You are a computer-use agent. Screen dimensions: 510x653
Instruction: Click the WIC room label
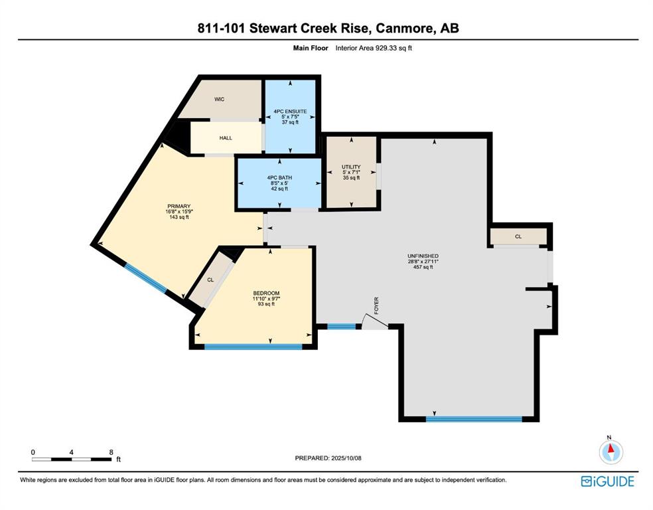219,99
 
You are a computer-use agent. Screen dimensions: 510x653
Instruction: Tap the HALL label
226,138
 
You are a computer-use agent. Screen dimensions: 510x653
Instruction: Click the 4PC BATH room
279,183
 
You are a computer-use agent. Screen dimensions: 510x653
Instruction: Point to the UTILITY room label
350,167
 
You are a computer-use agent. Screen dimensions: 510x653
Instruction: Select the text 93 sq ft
265,305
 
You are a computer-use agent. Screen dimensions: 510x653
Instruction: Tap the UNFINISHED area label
423,256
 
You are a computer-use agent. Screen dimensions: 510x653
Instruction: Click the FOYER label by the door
376,305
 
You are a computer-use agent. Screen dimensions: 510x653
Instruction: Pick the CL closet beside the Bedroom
210,280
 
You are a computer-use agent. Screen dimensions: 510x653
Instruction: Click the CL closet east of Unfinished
518,236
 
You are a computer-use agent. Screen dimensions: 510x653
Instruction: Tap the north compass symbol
611,452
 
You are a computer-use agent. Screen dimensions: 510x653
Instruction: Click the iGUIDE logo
607,481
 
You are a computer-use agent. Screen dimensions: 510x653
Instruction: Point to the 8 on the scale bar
111,452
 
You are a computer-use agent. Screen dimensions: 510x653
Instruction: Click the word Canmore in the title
403,28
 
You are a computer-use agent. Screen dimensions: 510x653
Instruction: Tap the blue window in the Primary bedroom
147,278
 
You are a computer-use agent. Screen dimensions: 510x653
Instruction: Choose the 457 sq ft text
423,268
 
